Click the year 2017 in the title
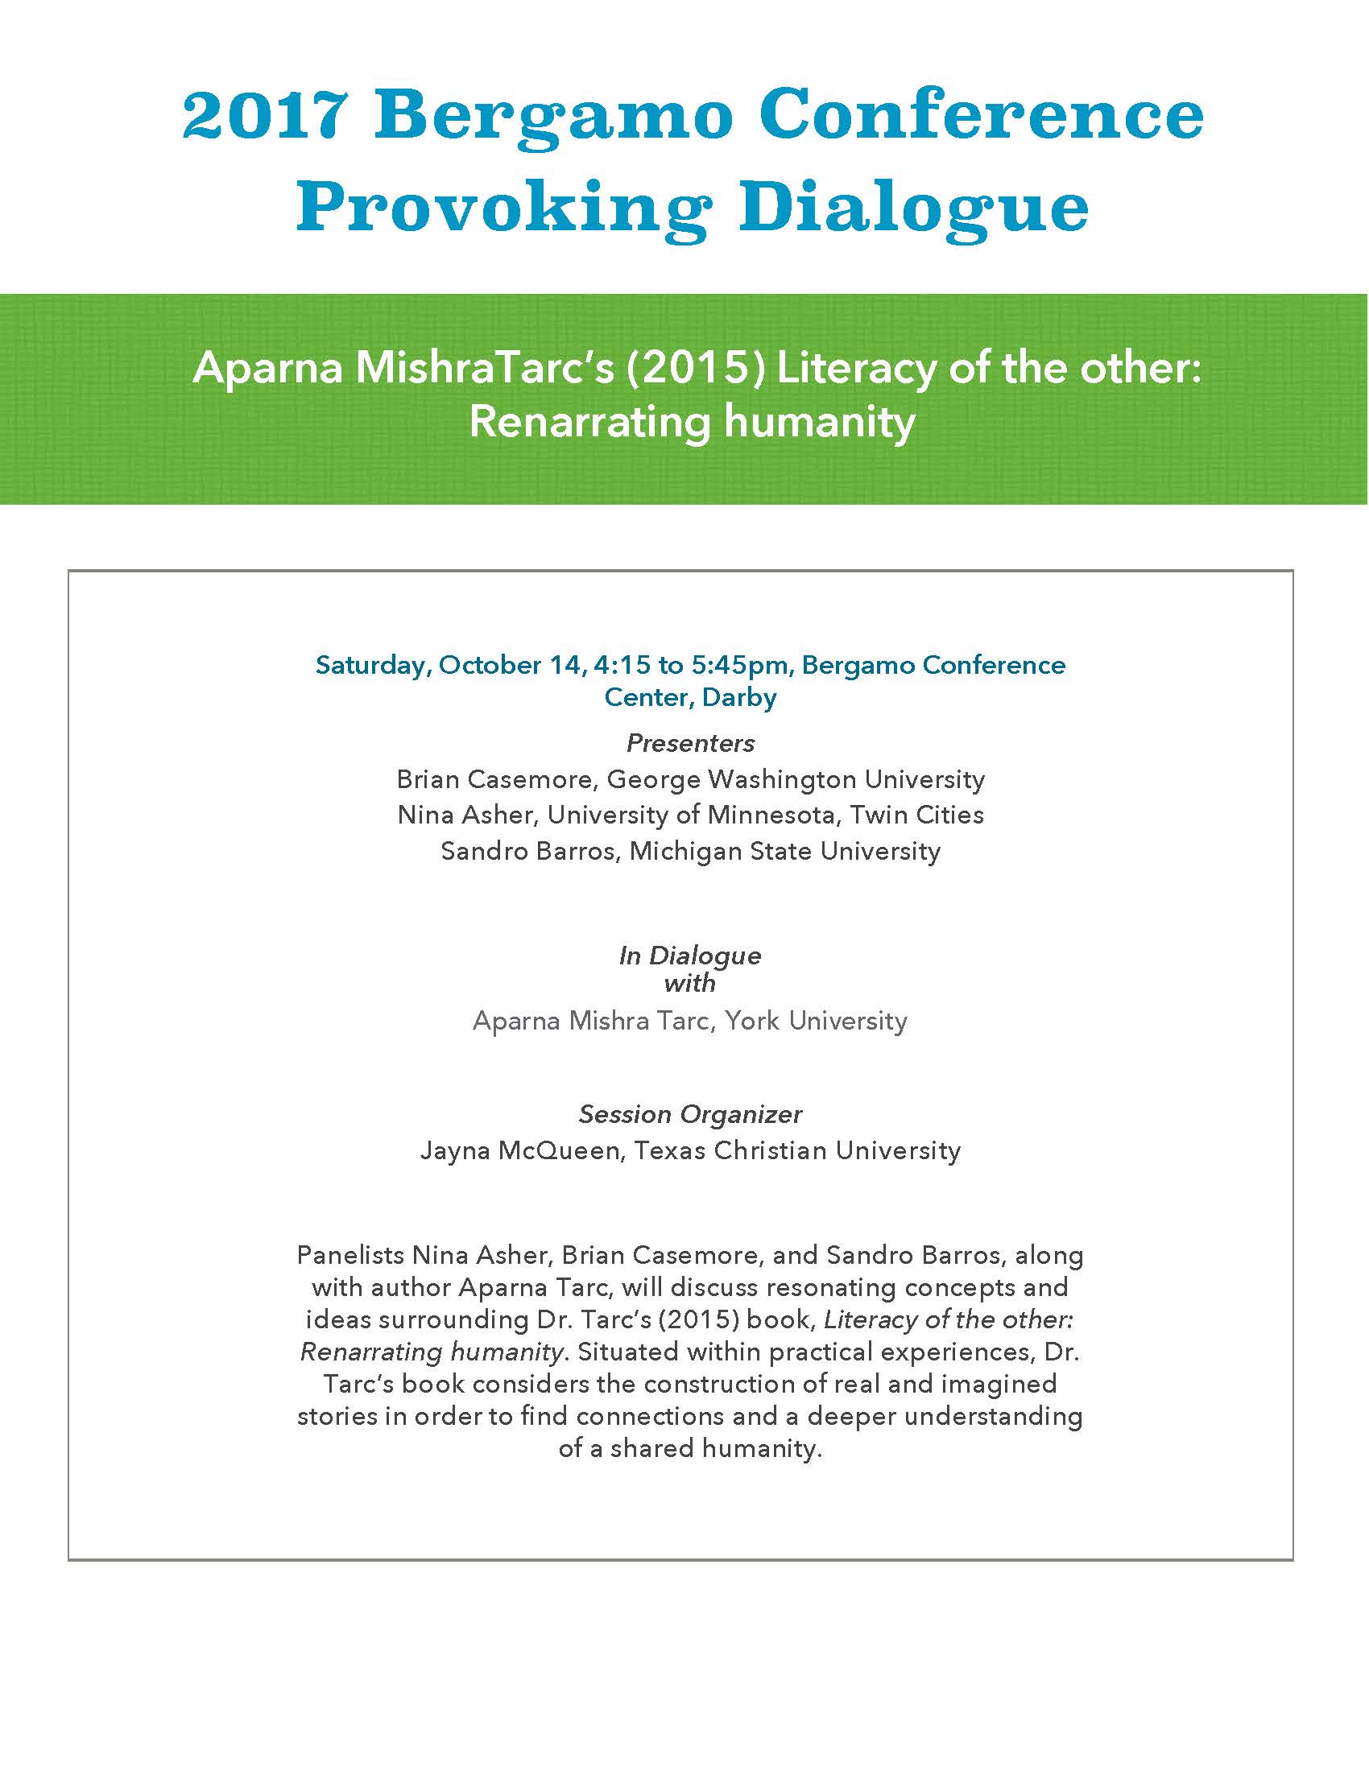(263, 116)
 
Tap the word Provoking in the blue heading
(503, 208)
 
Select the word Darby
(738, 697)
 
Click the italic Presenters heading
(690, 743)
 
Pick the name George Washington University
(796, 779)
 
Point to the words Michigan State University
(785, 851)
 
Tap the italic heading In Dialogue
(690, 956)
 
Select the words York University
(817, 1020)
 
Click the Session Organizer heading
(690, 1114)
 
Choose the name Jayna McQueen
(519, 1150)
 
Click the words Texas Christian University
(797, 1150)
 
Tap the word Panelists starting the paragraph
(350, 1255)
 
